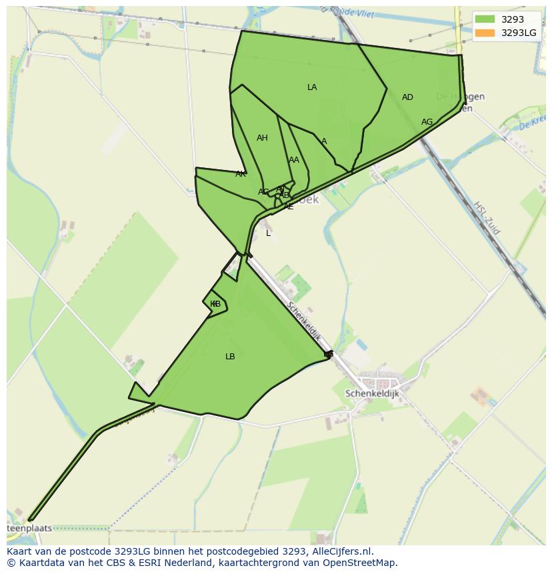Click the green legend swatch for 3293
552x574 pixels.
[485, 19]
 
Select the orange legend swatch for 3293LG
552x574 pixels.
[485, 33]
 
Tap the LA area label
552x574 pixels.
[312, 87]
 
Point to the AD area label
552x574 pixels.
[407, 97]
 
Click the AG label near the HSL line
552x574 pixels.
[427, 122]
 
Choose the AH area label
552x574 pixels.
[262, 138]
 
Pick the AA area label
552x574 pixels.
[294, 160]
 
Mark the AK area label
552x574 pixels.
[240, 174]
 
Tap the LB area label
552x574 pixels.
[230, 357]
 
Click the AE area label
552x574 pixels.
[289, 207]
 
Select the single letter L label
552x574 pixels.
[269, 233]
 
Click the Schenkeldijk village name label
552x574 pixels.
[372, 394]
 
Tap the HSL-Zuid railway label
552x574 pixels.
[488, 217]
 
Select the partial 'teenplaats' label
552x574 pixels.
[29, 529]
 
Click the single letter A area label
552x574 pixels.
[324, 141]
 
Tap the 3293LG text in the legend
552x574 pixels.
[519, 33]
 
